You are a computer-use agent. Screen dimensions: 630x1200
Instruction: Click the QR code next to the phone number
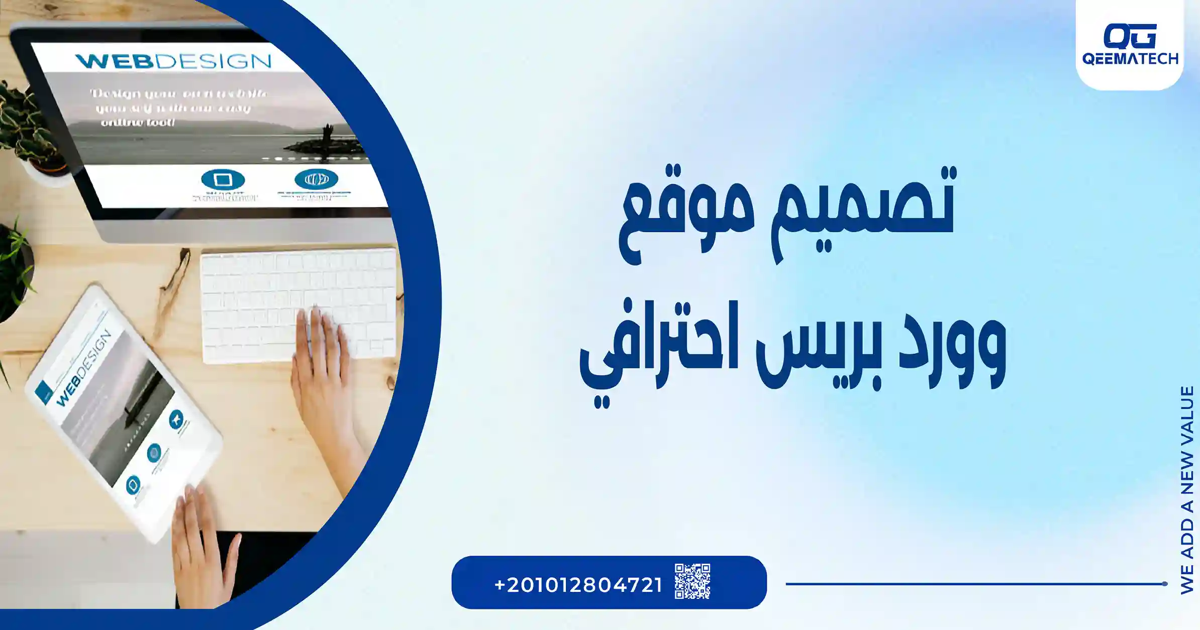(692, 581)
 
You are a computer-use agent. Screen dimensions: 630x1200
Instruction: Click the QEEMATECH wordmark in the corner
(1130, 59)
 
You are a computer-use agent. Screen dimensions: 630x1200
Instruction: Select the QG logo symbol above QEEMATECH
(1130, 36)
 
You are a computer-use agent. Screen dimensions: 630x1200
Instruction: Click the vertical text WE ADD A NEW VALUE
(1187, 490)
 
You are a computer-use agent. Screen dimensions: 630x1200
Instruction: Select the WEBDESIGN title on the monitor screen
(173, 61)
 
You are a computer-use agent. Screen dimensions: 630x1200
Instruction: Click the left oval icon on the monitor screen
(223, 179)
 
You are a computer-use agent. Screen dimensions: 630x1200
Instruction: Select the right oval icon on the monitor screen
(316, 179)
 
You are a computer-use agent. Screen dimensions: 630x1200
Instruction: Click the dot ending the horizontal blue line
(1164, 584)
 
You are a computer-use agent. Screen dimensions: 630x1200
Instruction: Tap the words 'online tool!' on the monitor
(138, 122)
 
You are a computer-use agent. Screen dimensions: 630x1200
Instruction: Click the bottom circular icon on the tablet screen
(133, 485)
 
